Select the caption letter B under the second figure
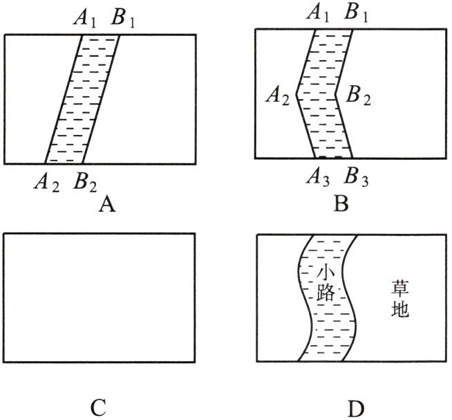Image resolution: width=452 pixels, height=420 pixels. tap(341, 204)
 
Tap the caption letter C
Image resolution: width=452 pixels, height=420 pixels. tap(98, 408)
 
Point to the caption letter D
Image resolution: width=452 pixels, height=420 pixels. tap(355, 408)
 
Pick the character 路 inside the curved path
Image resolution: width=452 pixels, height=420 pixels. tap(325, 293)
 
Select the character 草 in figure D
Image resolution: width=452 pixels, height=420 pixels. tap(399, 286)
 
